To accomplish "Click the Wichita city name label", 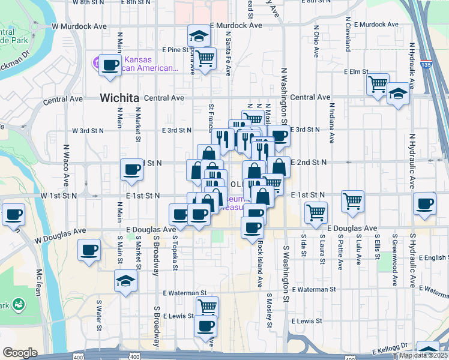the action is point(119,98).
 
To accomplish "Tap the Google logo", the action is point(20,353).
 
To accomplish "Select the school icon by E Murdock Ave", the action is point(197,36).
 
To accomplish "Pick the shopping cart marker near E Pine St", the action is point(205,59).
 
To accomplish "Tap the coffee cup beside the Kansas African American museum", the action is point(110,65).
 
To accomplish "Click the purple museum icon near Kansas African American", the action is point(95,62).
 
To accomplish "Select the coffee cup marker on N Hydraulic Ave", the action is point(425,203).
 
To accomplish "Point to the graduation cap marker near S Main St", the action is point(125,280).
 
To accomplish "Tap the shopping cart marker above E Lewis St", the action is point(207,307).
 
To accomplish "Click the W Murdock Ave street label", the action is point(79,26).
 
